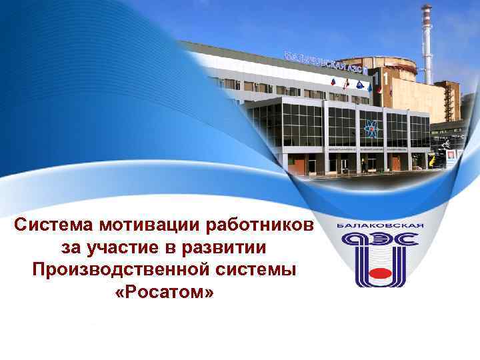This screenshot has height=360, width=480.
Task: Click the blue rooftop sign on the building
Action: (x=327, y=62)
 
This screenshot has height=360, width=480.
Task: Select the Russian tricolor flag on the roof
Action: (x=333, y=83)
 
